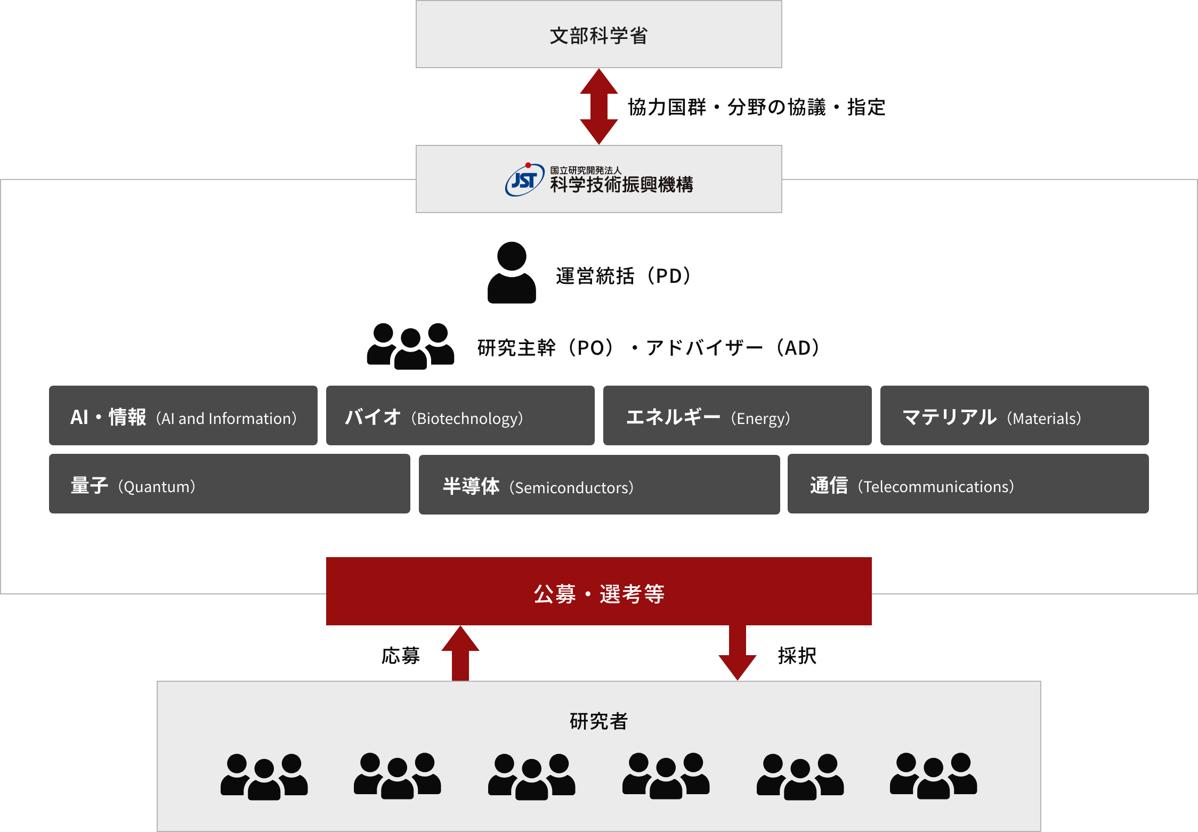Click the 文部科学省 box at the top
(x=598, y=34)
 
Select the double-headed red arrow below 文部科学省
(x=598, y=107)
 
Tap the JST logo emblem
(x=524, y=180)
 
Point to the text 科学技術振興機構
(x=621, y=184)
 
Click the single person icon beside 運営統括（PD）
(x=512, y=273)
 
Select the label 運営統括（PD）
(x=624, y=276)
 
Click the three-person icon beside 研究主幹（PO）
(x=410, y=346)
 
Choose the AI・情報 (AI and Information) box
(x=183, y=415)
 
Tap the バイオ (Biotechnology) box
(x=460, y=415)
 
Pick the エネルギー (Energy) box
(x=737, y=415)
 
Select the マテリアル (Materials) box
(x=1014, y=415)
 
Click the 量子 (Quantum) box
(x=229, y=484)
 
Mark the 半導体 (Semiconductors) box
(x=599, y=484)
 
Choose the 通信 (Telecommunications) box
(x=968, y=484)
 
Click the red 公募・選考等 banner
(x=598, y=591)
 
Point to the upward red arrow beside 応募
(x=460, y=653)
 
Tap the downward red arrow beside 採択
(x=738, y=653)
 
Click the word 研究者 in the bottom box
(x=598, y=721)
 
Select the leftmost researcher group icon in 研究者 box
(x=264, y=777)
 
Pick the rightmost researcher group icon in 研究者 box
(x=933, y=776)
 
